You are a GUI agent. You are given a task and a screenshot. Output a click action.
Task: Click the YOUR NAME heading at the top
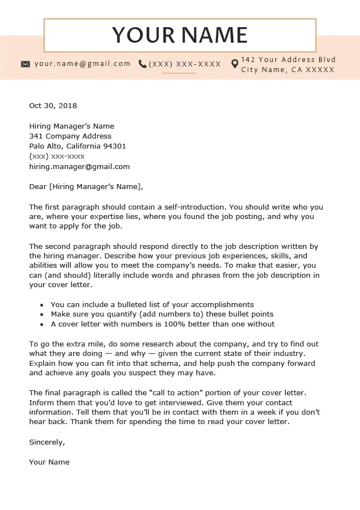click(x=180, y=35)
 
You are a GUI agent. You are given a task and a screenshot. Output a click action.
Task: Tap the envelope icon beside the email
click(x=25, y=64)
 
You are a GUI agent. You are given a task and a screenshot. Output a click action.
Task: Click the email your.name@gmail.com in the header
click(x=83, y=64)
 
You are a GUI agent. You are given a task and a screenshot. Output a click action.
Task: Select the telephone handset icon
click(x=143, y=64)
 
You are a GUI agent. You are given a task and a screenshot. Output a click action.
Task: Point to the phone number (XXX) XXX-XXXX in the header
click(x=185, y=64)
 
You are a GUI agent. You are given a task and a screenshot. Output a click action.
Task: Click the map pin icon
click(x=235, y=64)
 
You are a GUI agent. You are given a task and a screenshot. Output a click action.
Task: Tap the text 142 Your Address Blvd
click(x=289, y=60)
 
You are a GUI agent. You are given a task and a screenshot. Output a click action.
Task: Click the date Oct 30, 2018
click(x=53, y=106)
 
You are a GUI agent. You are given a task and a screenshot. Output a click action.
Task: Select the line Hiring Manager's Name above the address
click(x=71, y=126)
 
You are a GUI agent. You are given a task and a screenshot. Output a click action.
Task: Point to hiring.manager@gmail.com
click(x=79, y=166)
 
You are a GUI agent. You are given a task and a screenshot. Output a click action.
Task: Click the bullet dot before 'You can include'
click(x=42, y=305)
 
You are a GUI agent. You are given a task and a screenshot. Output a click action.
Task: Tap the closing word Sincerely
click(x=47, y=442)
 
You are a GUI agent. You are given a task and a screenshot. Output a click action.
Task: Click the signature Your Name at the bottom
click(x=49, y=462)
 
